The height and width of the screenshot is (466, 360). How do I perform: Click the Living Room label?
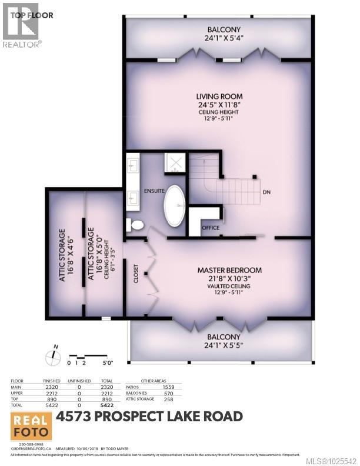[x=220, y=96]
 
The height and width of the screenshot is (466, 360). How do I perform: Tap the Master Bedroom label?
[x=229, y=270]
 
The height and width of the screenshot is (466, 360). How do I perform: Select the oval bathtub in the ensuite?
[x=174, y=206]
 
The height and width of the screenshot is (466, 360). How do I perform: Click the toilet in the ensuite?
[x=134, y=225]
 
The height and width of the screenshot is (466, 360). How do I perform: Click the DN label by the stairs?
[x=266, y=192]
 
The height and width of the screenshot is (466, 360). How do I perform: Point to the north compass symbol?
[x=53, y=355]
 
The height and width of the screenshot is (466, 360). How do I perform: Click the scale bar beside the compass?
[x=84, y=356]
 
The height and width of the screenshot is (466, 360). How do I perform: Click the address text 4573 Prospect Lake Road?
[x=149, y=417]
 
